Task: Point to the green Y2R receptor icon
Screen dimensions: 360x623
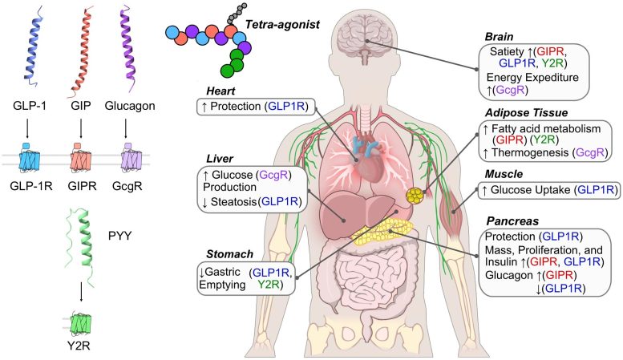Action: tap(80, 326)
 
